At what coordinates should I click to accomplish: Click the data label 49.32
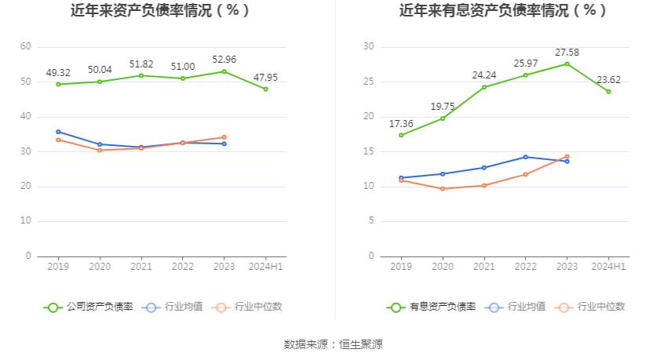click(58, 73)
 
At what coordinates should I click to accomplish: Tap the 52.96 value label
click(224, 60)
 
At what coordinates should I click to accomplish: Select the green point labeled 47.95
click(265, 89)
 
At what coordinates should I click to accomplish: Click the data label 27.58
click(567, 52)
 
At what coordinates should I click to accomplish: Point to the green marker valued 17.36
click(401, 135)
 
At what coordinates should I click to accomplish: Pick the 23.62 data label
click(608, 79)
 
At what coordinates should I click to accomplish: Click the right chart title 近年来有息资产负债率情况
click(503, 11)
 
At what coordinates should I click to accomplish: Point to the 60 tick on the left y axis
click(26, 47)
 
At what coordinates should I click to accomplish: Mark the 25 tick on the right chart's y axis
click(369, 82)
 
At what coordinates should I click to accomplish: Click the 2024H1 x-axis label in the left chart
click(265, 267)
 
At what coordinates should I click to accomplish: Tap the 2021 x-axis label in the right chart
click(484, 267)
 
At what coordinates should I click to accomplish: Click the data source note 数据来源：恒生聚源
click(333, 344)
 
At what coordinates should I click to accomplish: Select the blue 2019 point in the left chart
click(58, 132)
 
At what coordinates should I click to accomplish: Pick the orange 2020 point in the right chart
click(443, 189)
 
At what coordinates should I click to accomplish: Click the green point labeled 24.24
click(484, 87)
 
